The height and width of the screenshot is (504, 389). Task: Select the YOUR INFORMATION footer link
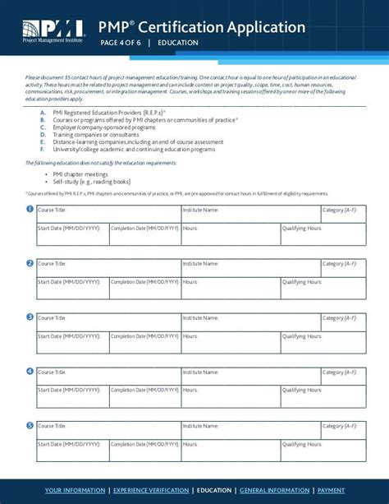click(x=76, y=490)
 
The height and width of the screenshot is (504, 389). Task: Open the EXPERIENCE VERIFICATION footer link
click(x=152, y=490)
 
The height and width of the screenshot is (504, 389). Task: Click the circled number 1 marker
click(x=30, y=209)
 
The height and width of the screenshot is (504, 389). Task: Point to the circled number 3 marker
click(x=30, y=317)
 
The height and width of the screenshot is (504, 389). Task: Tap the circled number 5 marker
click(x=30, y=425)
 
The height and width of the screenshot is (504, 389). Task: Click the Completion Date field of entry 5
click(x=144, y=449)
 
